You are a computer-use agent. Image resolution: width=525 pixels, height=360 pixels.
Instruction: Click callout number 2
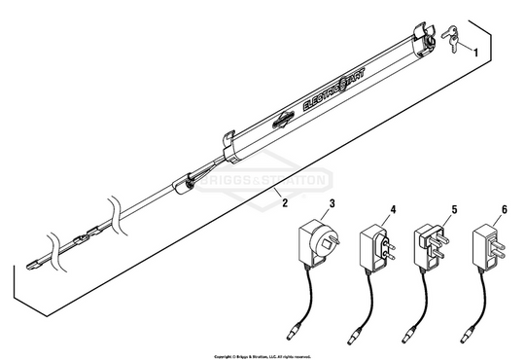click(283, 205)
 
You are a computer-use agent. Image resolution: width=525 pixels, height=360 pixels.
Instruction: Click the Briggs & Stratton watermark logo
click(262, 179)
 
